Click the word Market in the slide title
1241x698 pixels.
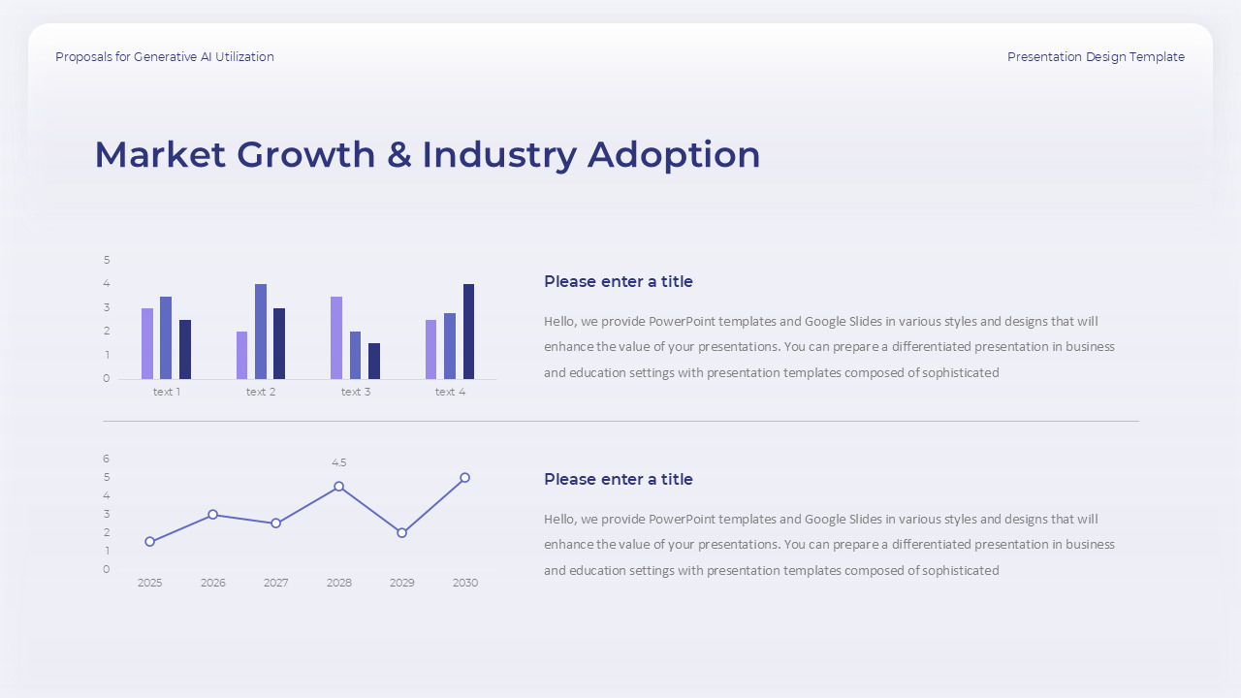(x=159, y=155)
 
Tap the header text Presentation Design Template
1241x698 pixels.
(x=1096, y=57)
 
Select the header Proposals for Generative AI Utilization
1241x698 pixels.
(x=165, y=57)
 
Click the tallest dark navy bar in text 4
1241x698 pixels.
(x=468, y=332)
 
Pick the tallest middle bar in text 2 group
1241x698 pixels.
(x=261, y=332)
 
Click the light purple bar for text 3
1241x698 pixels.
(x=336, y=337)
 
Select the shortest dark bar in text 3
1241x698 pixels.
(x=374, y=361)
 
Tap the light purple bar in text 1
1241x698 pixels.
(x=147, y=343)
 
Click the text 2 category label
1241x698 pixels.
(x=261, y=392)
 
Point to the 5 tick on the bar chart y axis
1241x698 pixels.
(x=107, y=260)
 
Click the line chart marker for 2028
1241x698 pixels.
(x=339, y=487)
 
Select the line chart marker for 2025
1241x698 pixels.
(x=150, y=542)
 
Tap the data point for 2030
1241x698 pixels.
(x=465, y=478)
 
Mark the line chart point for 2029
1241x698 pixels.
(x=402, y=533)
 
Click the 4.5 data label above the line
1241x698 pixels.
(x=339, y=463)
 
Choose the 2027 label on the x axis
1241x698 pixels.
(x=276, y=583)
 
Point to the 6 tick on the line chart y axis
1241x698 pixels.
(x=107, y=459)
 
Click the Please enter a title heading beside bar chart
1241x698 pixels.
(x=619, y=282)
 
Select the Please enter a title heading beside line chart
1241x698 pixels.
(x=619, y=480)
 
